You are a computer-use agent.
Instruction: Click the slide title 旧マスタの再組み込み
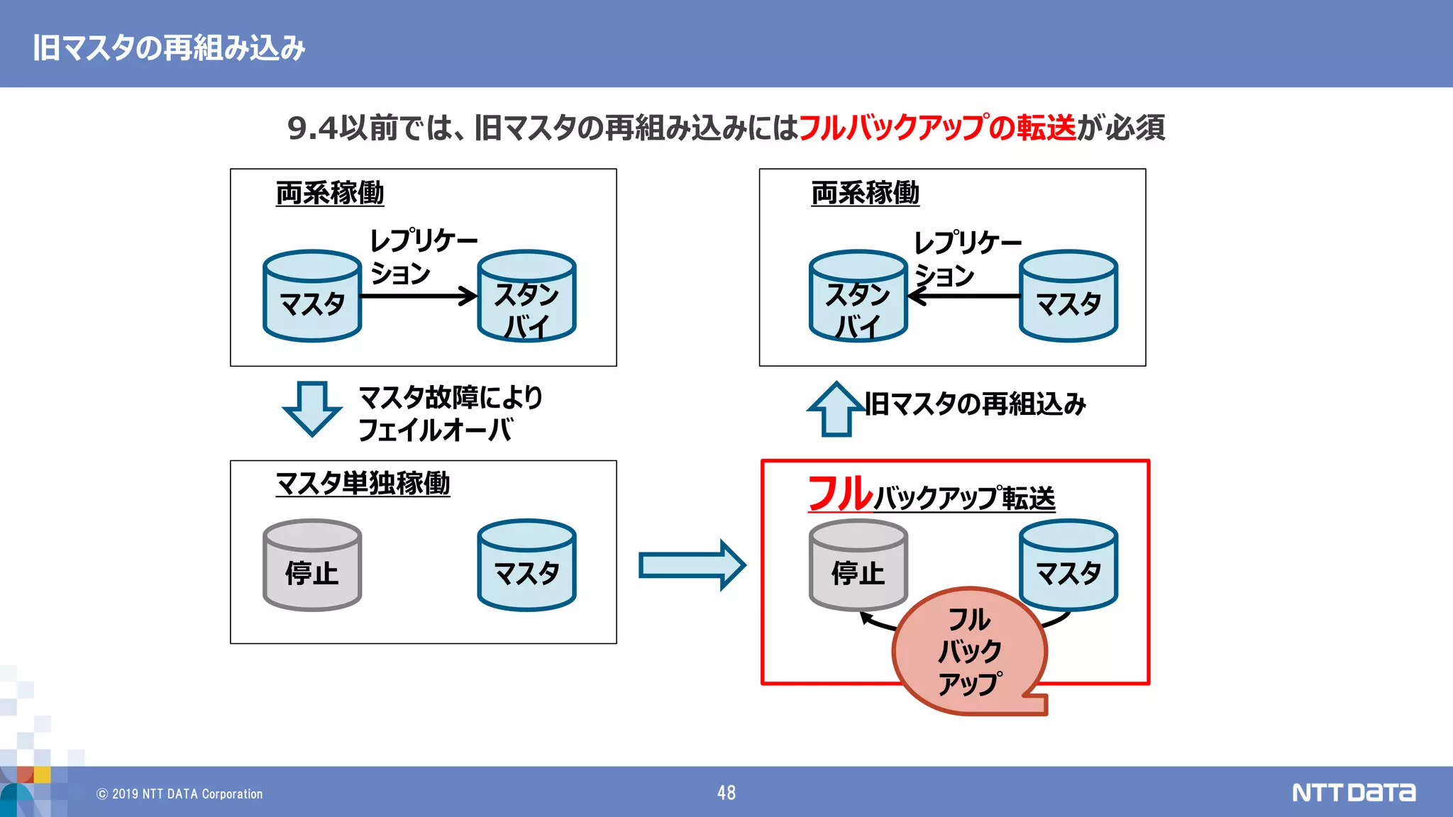[169, 48]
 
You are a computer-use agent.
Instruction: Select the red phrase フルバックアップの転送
[937, 128]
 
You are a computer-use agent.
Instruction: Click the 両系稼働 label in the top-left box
[329, 193]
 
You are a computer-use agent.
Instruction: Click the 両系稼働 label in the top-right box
[865, 193]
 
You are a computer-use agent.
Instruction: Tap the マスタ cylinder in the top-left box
[312, 296]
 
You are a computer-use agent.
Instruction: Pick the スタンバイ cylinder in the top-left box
[526, 296]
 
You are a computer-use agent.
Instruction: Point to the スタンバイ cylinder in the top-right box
[858, 296]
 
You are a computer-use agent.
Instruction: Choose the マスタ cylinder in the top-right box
[1068, 296]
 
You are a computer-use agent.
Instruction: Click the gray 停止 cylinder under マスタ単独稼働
[312, 565]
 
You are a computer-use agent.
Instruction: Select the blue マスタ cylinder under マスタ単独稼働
[526, 565]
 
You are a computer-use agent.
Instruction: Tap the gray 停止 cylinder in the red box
[858, 565]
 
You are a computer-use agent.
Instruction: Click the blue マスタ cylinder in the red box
[1068, 565]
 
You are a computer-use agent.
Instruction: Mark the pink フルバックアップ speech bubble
[969, 651]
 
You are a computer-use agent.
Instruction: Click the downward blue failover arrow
[311, 408]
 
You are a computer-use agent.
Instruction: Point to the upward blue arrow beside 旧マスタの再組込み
[836, 410]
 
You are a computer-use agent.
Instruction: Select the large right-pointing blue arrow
[692, 565]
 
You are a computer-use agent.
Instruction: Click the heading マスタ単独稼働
[363, 483]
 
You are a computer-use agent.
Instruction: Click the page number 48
[726, 793]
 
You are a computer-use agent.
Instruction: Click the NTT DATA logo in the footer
[1353, 792]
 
